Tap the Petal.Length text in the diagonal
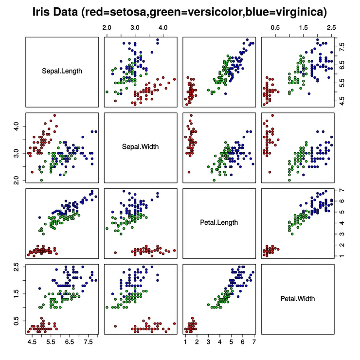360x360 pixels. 219,222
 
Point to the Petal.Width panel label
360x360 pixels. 297,298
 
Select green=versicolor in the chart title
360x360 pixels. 202,12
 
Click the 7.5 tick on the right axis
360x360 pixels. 343,47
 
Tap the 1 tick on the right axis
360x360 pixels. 343,256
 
